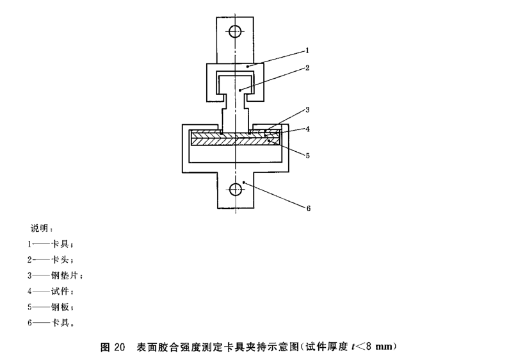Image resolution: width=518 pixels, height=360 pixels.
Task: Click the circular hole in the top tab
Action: coord(235,31)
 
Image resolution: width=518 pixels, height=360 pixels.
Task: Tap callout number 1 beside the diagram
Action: coord(309,49)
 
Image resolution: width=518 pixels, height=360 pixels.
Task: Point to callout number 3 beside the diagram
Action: coord(309,110)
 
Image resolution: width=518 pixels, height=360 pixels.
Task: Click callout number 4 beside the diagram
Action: coord(309,129)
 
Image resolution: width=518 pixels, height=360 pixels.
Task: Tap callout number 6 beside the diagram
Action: coord(309,206)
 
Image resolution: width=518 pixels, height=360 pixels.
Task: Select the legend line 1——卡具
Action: coord(51,244)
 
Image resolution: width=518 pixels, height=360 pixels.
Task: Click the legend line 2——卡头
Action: coord(51,259)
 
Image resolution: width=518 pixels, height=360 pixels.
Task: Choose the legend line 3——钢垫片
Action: coord(56,275)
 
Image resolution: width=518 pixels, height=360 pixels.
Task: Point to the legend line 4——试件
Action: coord(51,291)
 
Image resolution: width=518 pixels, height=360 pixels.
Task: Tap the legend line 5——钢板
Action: coord(51,306)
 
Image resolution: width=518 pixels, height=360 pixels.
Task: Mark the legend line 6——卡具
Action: coord(51,322)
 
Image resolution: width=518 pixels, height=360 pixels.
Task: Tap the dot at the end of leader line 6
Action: coord(245,182)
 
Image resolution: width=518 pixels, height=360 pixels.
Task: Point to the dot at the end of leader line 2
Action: coord(240,90)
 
